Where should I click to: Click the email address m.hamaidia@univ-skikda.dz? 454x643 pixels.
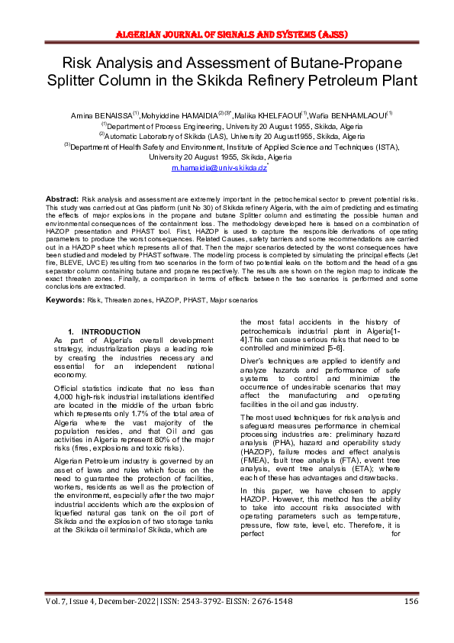[x=218, y=166]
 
